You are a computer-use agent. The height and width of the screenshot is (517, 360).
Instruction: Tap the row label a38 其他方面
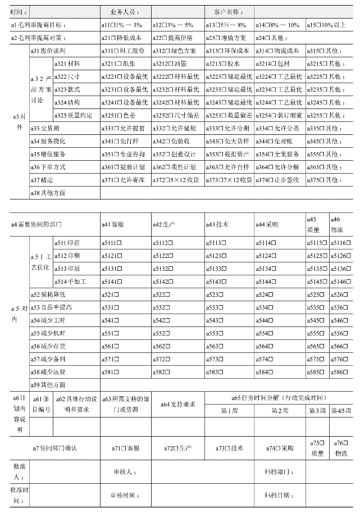coord(48,193)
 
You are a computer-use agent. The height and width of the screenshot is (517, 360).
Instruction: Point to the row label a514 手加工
coord(70,281)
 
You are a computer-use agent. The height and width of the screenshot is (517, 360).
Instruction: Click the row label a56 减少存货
coord(48,346)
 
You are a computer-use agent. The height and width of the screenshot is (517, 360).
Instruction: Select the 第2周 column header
coord(279,411)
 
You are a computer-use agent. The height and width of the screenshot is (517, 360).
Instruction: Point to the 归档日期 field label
coord(279,495)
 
